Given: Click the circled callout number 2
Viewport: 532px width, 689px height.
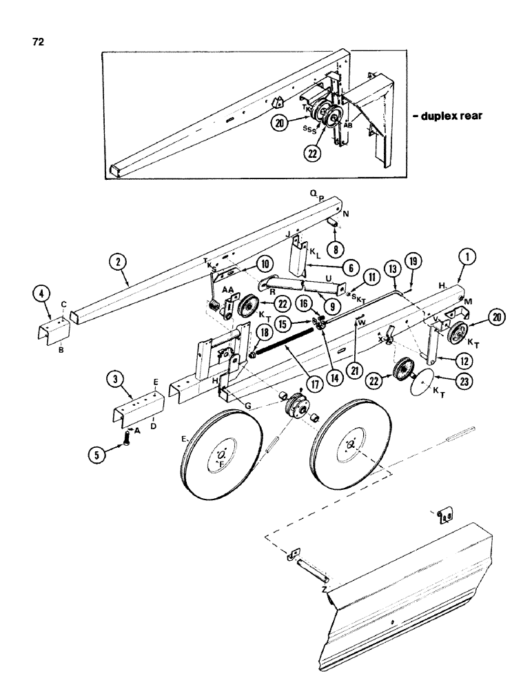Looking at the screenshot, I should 119,263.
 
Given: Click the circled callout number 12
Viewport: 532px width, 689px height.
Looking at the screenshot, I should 449,359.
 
